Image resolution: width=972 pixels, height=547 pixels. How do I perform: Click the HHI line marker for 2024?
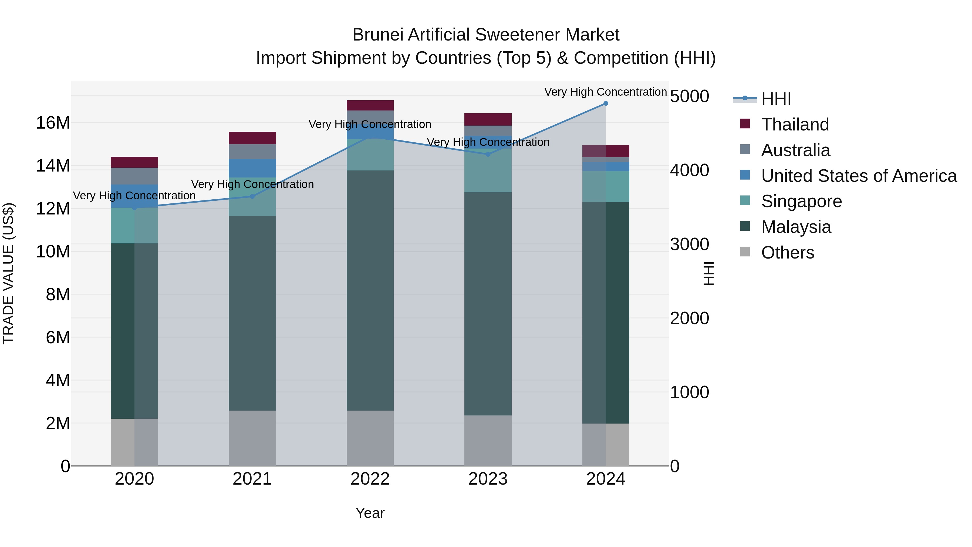pyautogui.click(x=606, y=103)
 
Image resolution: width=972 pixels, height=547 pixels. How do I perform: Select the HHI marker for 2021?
pyautogui.click(x=252, y=196)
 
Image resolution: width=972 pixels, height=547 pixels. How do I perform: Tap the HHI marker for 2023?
pyautogui.click(x=488, y=154)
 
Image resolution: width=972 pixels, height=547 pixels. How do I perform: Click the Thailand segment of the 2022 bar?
pyautogui.click(x=370, y=105)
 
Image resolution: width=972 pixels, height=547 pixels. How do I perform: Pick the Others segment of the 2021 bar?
pyautogui.click(x=252, y=438)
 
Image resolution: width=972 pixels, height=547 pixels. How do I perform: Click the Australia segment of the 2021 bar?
pyautogui.click(x=252, y=151)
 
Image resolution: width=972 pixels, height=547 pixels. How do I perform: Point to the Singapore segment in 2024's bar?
pyautogui.click(x=606, y=186)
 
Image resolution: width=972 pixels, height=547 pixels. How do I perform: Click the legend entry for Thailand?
pyautogui.click(x=795, y=125)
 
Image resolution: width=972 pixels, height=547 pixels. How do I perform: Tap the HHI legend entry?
pyautogui.click(x=776, y=99)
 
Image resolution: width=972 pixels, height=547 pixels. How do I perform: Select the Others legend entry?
pyautogui.click(x=788, y=253)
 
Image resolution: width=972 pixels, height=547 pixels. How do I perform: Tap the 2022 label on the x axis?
pyautogui.click(x=370, y=479)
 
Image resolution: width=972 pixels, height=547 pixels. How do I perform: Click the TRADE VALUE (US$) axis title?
pyautogui.click(x=8, y=273)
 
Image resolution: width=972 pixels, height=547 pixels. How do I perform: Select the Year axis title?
pyautogui.click(x=370, y=513)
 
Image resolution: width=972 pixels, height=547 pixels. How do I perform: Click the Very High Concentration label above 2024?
pyautogui.click(x=605, y=92)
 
